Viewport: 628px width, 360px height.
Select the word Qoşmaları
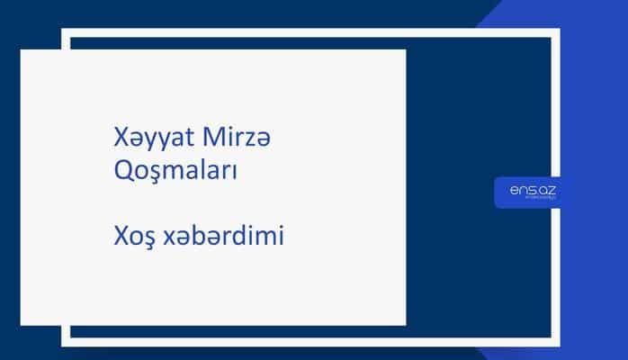pyautogui.click(x=171, y=171)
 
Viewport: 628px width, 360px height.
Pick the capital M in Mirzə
pyautogui.click(x=190, y=142)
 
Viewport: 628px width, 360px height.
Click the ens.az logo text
pyautogui.click(x=526, y=190)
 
